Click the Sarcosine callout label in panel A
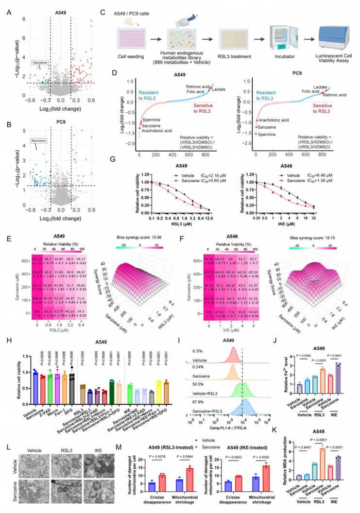(x=40, y=63)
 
